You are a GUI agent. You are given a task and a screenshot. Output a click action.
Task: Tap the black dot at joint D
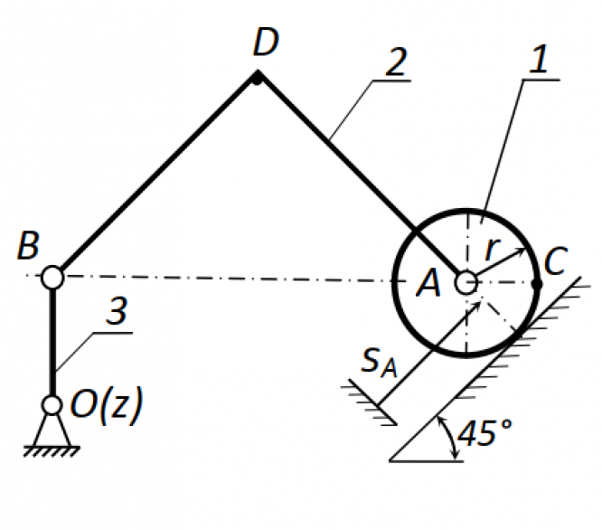point(257,78)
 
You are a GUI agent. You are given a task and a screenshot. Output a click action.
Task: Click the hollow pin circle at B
point(52,276)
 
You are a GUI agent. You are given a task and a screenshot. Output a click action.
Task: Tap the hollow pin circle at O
point(52,405)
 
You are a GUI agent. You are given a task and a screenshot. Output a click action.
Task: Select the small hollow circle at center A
point(466,283)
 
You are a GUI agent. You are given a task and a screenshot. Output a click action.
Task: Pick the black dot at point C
point(537,284)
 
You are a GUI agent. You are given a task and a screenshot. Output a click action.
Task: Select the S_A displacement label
point(380,362)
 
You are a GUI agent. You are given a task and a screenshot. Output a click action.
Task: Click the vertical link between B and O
point(52,339)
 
